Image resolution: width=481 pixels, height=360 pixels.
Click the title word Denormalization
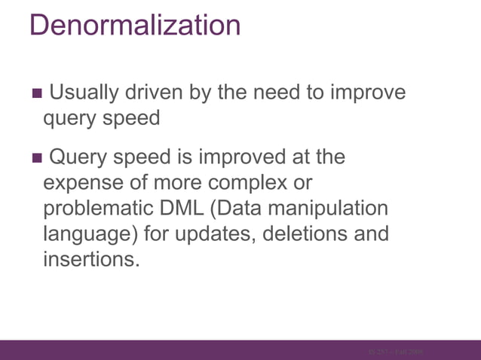pos(136,26)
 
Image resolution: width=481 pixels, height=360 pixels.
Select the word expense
pos(92,183)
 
